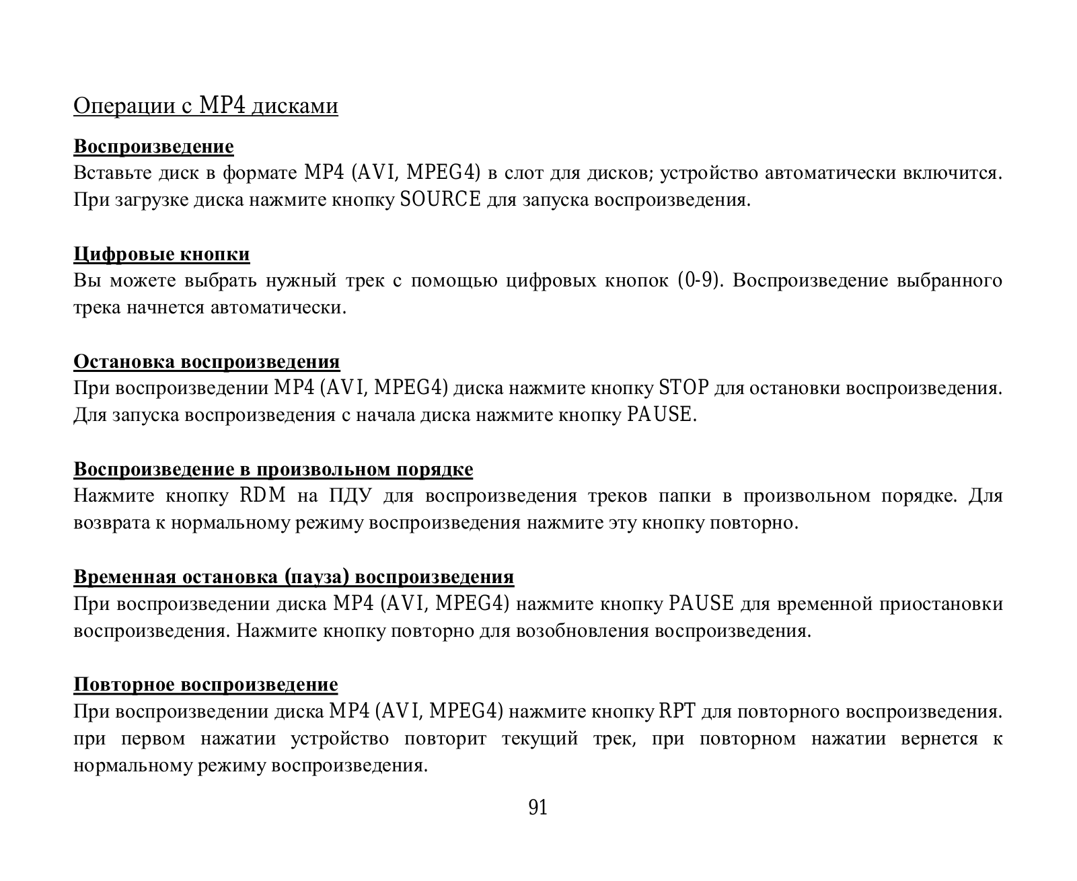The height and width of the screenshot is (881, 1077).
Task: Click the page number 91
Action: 538,808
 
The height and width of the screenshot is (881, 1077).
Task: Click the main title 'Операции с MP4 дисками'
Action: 206,106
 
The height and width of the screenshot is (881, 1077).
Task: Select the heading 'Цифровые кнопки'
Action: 161,254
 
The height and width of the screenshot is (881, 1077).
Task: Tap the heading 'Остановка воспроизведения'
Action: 207,362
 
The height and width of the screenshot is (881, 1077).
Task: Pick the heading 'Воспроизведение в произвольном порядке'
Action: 273,469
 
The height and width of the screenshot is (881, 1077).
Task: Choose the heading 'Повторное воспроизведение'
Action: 206,685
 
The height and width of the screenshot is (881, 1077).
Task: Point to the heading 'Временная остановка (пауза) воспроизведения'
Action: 293,577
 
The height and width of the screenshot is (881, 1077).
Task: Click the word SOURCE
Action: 441,200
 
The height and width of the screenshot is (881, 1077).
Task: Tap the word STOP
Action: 683,388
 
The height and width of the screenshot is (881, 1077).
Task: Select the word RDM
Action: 263,496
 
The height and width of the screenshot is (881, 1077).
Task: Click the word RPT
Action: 677,711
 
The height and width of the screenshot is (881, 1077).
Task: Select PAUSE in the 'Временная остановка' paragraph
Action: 701,603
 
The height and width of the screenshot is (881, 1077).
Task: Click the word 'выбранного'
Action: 950,280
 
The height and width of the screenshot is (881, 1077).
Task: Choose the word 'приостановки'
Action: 940,604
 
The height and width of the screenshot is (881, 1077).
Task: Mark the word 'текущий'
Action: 540,738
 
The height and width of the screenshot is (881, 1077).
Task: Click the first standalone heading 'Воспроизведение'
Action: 153,147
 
